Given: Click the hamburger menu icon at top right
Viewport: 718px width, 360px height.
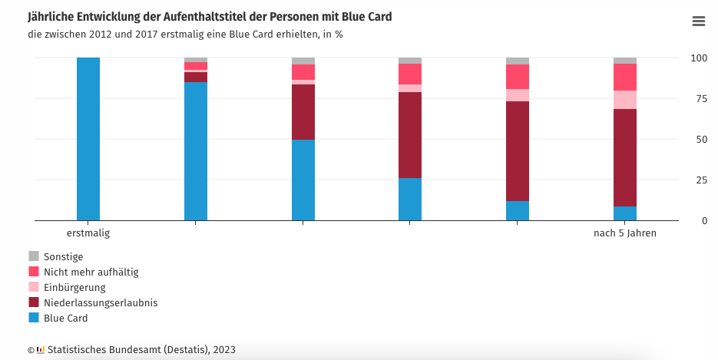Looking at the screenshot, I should tap(698, 21).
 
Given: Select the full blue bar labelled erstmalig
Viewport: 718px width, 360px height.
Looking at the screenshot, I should tap(88, 139).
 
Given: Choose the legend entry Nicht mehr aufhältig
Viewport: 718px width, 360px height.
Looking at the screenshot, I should tap(84, 272).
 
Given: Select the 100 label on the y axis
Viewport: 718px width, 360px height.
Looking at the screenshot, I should tap(698, 58).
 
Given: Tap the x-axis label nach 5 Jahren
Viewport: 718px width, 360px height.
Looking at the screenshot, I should tap(624, 233).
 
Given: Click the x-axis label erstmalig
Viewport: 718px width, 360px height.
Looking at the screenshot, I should tap(88, 233).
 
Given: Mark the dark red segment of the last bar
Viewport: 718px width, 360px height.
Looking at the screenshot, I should tap(624, 157).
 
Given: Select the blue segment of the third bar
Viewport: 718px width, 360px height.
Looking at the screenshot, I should tap(303, 180).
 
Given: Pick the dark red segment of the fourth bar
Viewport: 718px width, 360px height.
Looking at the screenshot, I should tap(410, 135).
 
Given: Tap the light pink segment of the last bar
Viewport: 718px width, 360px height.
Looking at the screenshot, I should tap(624, 100).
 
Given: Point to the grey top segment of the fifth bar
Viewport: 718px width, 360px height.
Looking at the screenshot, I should tap(518, 61).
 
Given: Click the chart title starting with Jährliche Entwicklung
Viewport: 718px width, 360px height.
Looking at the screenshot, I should tap(214, 16).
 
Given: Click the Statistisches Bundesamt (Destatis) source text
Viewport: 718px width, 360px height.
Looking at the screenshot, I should tap(135, 349).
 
